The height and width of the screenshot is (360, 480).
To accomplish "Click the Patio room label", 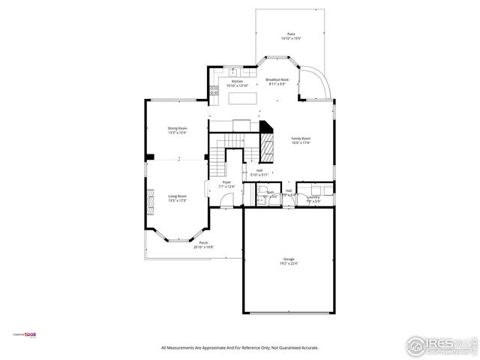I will pyautogui.click(x=291, y=34).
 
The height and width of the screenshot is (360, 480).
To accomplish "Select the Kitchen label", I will pyautogui.click(x=236, y=81).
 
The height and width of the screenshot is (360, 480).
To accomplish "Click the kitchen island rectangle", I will pyautogui.click(x=240, y=97).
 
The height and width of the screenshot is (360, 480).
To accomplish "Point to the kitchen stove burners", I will pyautogui.click(x=214, y=92).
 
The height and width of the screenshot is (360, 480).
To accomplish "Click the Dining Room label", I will pyautogui.click(x=177, y=128).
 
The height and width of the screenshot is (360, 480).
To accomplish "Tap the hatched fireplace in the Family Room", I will pyautogui.click(x=267, y=146).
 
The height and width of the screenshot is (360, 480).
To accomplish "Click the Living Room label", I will pyautogui.click(x=177, y=196).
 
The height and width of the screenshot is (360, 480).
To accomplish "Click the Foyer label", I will pyautogui.click(x=226, y=182).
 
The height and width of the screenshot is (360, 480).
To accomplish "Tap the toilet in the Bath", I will pyautogui.click(x=265, y=198).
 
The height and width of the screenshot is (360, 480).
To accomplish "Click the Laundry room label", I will pyautogui.click(x=313, y=197).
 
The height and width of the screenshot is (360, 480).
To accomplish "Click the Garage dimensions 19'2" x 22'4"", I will pyautogui.click(x=289, y=263).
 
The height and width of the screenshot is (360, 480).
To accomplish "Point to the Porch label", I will pyautogui.click(x=203, y=243).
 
